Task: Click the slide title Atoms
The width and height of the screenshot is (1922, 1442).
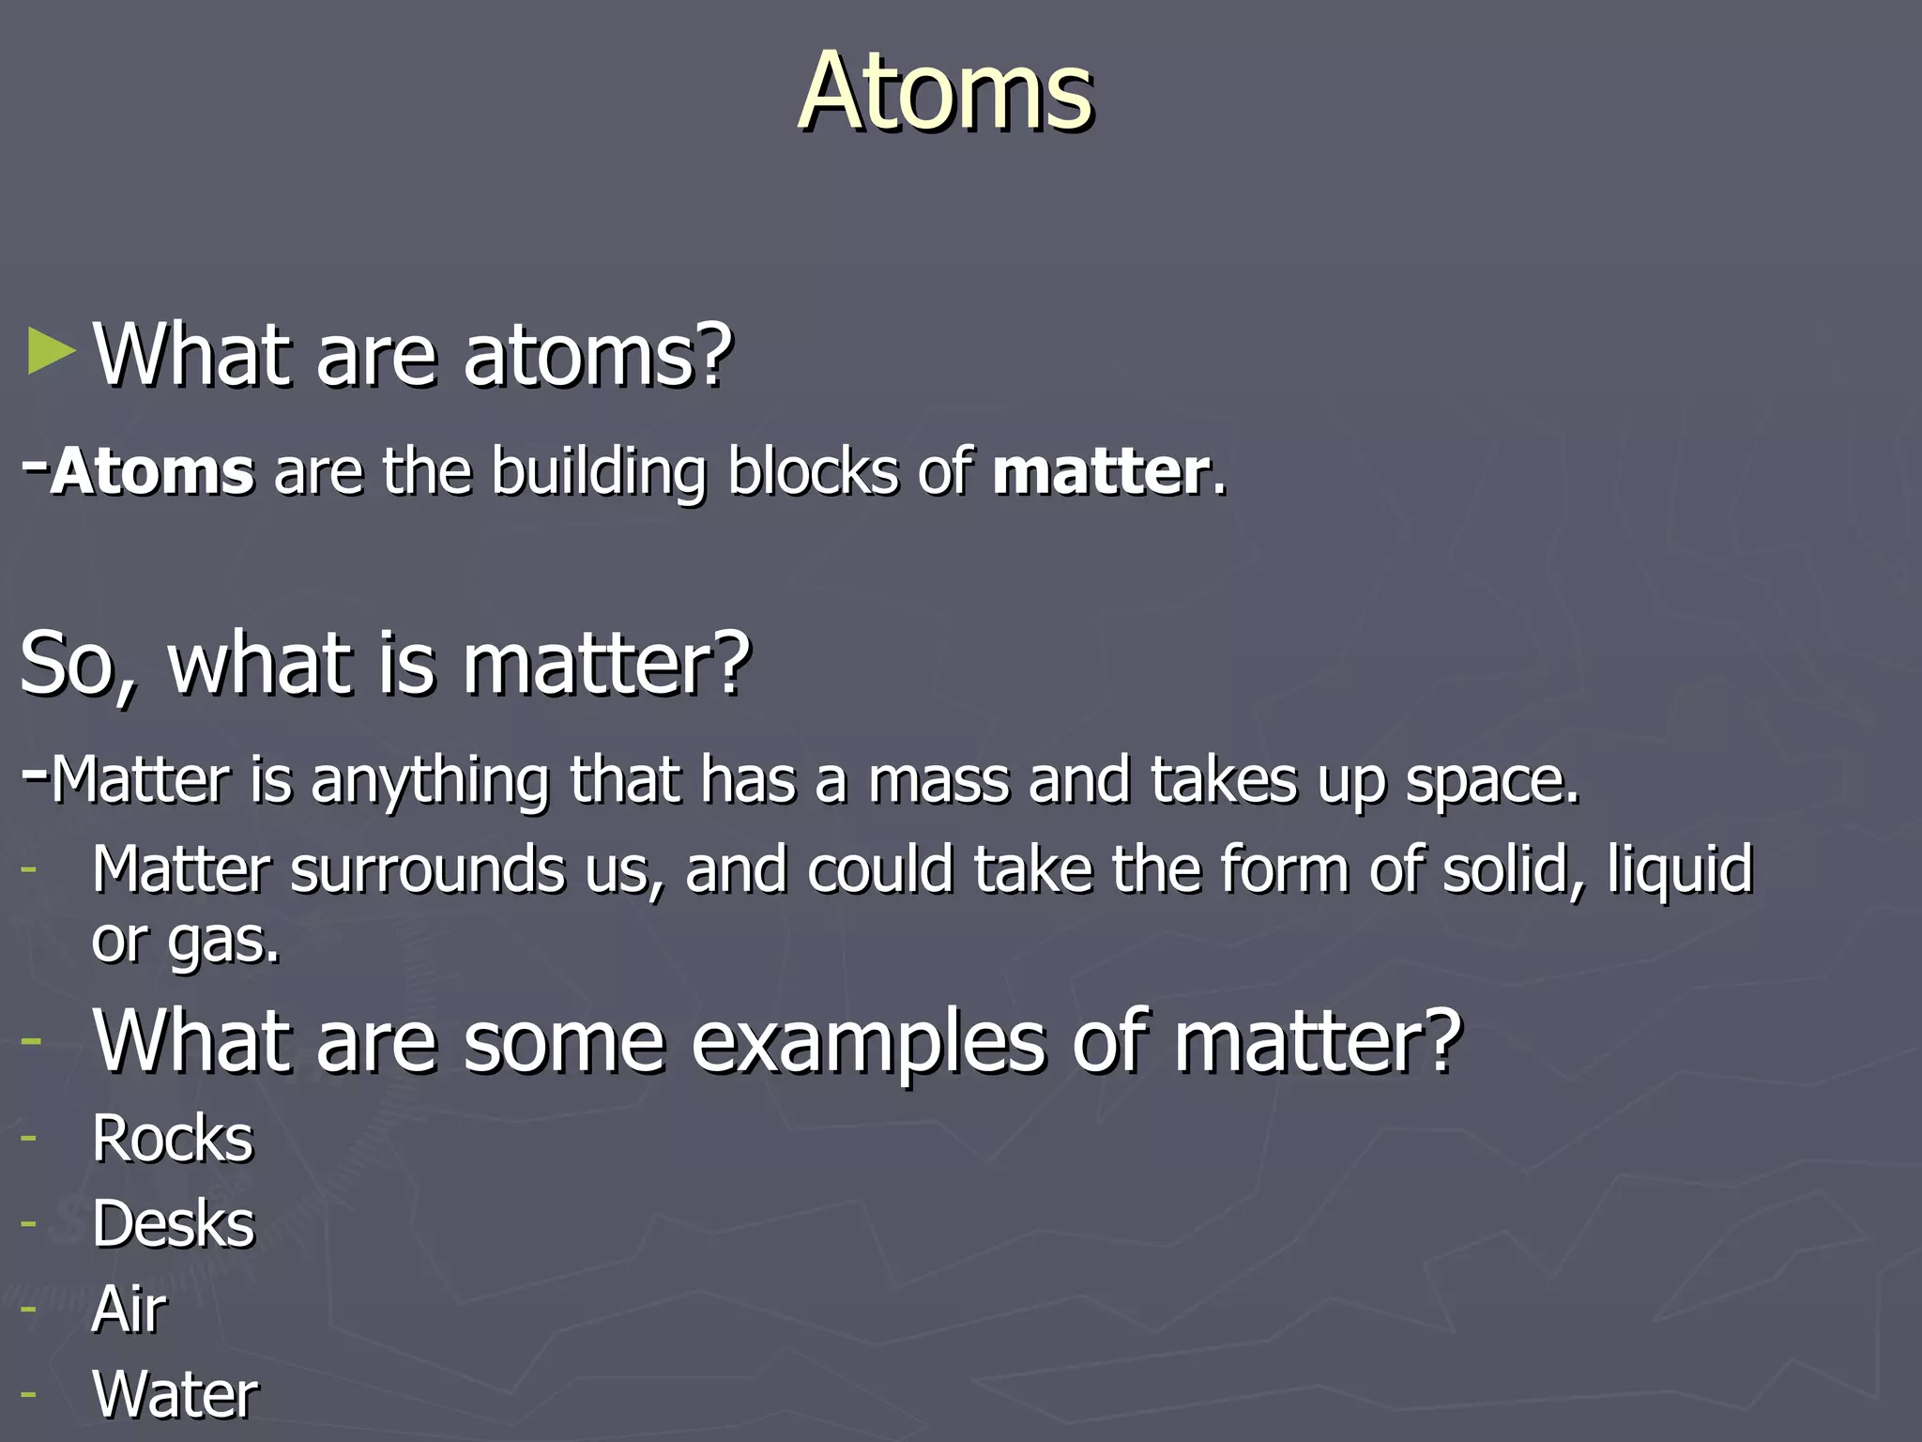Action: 945,92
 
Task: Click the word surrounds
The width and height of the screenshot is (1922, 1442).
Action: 427,869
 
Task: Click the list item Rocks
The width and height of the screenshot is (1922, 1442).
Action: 173,1140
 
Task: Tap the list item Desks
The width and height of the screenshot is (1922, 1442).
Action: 173,1224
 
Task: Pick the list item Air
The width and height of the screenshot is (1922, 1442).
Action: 130,1309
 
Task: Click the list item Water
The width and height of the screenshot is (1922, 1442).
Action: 175,1394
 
